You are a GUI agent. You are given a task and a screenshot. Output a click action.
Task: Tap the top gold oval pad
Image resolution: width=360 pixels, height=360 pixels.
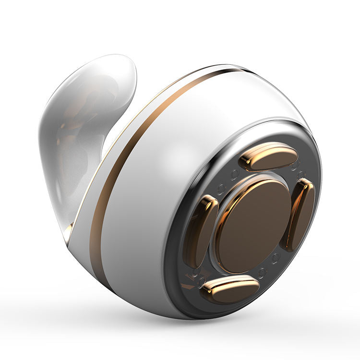(269, 156)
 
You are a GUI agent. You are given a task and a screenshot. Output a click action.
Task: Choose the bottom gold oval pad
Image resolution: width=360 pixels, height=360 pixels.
(229, 289)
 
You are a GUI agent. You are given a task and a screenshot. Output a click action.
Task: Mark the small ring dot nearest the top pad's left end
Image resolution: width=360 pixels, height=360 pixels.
(235, 173)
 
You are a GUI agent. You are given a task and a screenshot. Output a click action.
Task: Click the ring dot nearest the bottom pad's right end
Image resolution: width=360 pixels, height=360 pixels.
(262, 274)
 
